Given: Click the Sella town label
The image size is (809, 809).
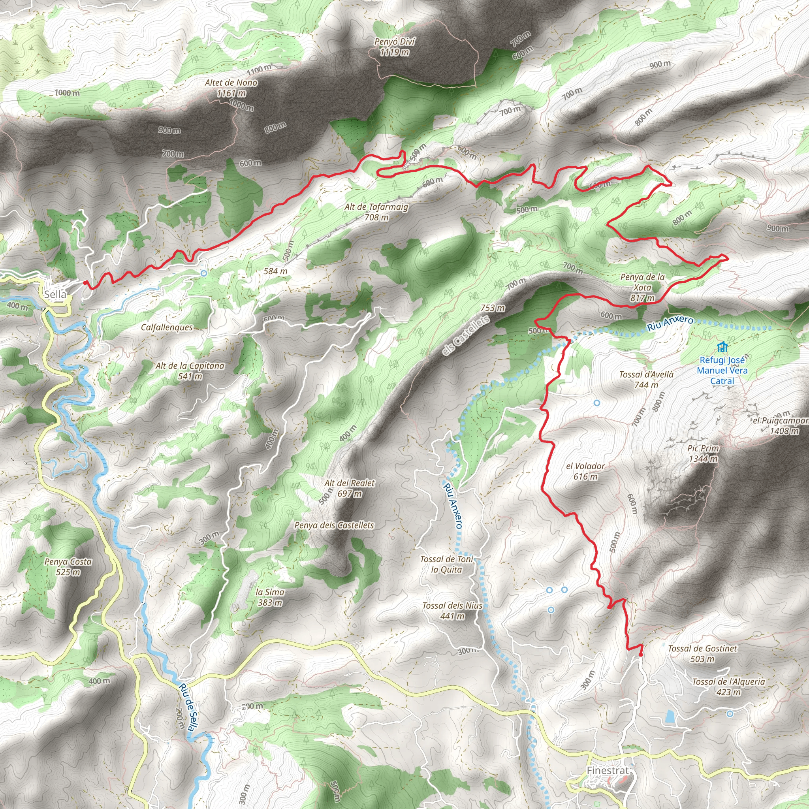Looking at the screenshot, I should (55, 294).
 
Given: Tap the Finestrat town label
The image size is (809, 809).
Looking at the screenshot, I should (608, 770).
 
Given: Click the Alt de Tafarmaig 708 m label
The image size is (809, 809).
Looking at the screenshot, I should (376, 212).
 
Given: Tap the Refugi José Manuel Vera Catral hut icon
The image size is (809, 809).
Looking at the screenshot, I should (722, 347).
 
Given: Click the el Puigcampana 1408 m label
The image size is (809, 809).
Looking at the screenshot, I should (781, 425).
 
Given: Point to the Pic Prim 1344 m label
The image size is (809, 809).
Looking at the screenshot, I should (703, 453).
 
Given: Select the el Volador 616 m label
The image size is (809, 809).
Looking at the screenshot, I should (585, 471).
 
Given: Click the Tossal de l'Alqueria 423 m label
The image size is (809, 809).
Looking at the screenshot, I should (728, 687).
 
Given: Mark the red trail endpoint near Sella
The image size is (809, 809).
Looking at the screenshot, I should (85, 283).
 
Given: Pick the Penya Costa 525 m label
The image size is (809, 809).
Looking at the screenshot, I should (68, 566).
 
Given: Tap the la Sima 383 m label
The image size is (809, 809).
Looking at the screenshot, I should (270, 597).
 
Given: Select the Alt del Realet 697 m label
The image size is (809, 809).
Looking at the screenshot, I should (349, 488).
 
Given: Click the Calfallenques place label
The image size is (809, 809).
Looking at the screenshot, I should (167, 327).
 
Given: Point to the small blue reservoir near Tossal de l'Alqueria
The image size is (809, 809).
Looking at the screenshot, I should (669, 717).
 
